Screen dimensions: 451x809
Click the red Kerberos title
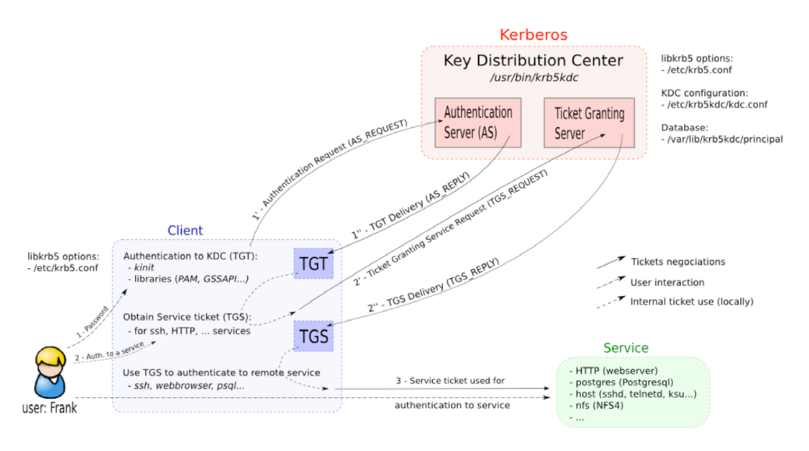[533, 35]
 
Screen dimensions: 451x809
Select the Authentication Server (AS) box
[478, 123]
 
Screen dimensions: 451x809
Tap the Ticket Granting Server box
[589, 123]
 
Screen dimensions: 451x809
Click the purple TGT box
[313, 264]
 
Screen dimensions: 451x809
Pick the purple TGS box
[313, 336]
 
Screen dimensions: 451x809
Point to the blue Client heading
[185, 230]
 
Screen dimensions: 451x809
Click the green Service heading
[626, 348]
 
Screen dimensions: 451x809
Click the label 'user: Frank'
[50, 408]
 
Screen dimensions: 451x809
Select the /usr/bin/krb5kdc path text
[534, 78]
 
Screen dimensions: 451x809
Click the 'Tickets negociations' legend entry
[678, 262]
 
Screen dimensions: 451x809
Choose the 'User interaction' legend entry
[667, 283]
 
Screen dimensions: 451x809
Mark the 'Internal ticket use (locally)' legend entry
[691, 302]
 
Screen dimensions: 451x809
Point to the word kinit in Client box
[144, 268]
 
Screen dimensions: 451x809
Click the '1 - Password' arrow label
[92, 322]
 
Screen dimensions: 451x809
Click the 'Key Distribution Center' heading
[533, 61]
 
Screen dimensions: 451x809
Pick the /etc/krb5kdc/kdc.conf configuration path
[717, 105]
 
